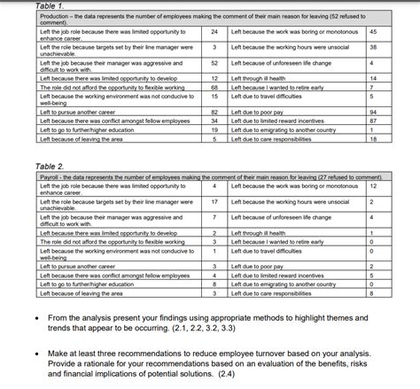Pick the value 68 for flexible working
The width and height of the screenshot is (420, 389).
point(214,88)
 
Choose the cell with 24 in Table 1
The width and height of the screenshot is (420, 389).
point(214,31)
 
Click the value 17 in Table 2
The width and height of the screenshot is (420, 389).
point(214,202)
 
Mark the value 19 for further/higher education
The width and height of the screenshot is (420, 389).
point(214,129)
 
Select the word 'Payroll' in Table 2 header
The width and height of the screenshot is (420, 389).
point(51,177)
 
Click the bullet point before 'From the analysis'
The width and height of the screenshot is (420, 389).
point(34,318)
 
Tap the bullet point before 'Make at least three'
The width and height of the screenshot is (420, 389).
point(34,353)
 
